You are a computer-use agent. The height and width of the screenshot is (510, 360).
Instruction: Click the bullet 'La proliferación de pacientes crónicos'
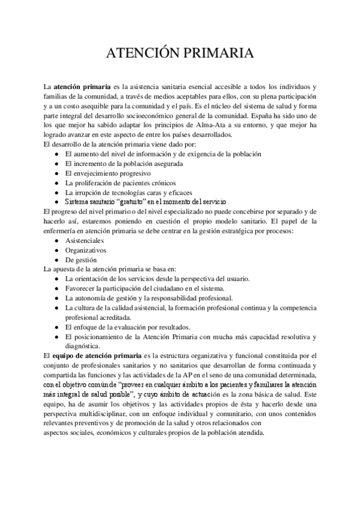click(x=124, y=183)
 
